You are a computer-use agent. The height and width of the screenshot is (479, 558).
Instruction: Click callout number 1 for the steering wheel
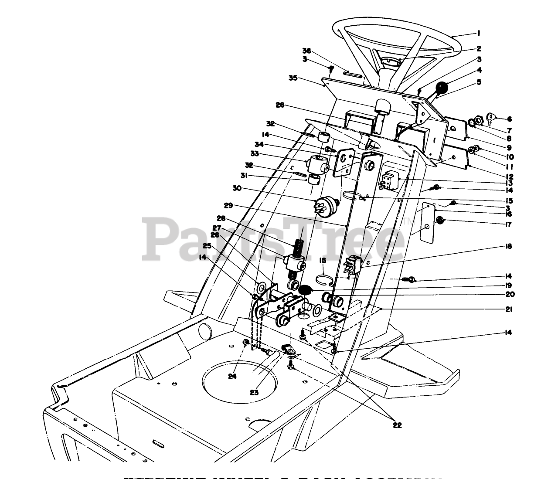(479, 33)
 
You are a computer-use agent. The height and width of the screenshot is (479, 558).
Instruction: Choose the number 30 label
(285, 188)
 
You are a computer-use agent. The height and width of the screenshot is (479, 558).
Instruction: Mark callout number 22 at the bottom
(397, 425)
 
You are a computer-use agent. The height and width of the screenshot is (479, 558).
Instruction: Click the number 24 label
(233, 376)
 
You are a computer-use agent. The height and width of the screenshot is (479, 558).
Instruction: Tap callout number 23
(254, 392)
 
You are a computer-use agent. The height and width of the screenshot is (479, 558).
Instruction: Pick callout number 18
(508, 246)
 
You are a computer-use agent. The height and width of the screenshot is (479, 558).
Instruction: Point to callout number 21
(509, 309)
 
